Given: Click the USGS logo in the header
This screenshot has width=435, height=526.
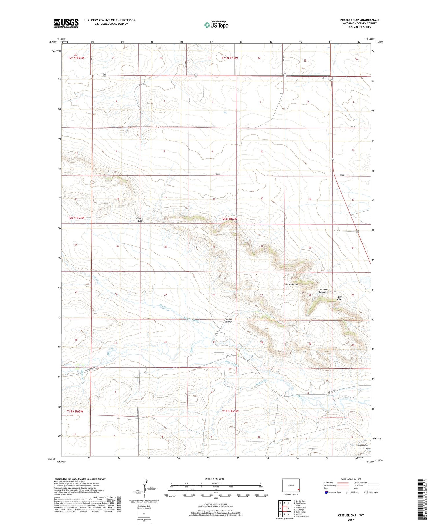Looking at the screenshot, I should [x=66, y=23].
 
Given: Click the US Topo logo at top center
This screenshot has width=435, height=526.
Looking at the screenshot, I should [x=216, y=25].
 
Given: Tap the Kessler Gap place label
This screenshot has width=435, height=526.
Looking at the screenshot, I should [x=140, y=220].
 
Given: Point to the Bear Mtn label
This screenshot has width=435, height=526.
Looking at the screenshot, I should [x=293, y=285].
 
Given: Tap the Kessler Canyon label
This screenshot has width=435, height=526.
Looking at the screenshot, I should [x=229, y=320].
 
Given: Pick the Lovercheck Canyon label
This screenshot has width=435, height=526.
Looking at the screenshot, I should [x=364, y=447].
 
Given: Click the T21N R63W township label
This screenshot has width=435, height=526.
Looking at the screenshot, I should [x=76, y=58].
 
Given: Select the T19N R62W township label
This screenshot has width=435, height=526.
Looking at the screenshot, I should [x=230, y=411].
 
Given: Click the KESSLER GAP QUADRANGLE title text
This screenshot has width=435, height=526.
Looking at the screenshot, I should [x=360, y=20].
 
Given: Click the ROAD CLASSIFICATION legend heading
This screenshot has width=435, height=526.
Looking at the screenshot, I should [x=351, y=479].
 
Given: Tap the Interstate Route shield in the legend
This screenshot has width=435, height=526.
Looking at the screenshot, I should [x=326, y=492].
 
